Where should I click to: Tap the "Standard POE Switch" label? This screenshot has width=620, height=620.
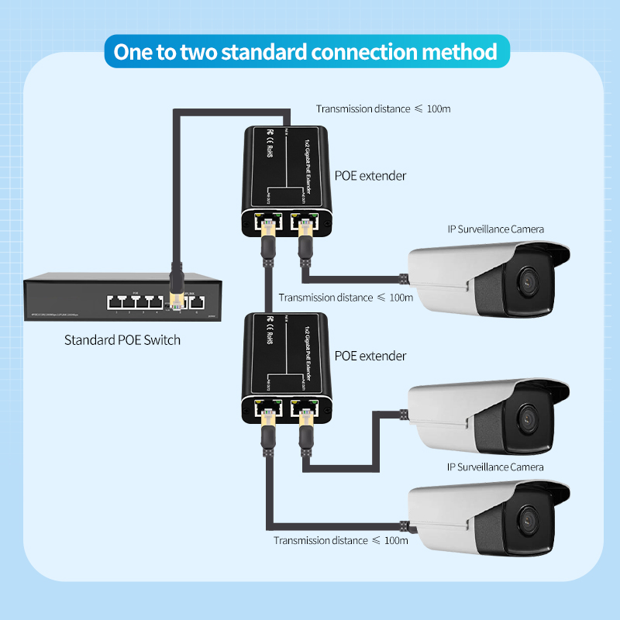[x=122, y=339]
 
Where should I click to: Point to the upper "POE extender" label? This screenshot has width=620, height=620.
[x=370, y=176]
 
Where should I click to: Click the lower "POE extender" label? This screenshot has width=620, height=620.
[x=370, y=356]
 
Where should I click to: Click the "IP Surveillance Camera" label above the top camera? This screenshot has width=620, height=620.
[x=495, y=229]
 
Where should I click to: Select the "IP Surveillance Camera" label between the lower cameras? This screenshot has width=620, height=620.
[x=495, y=467]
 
